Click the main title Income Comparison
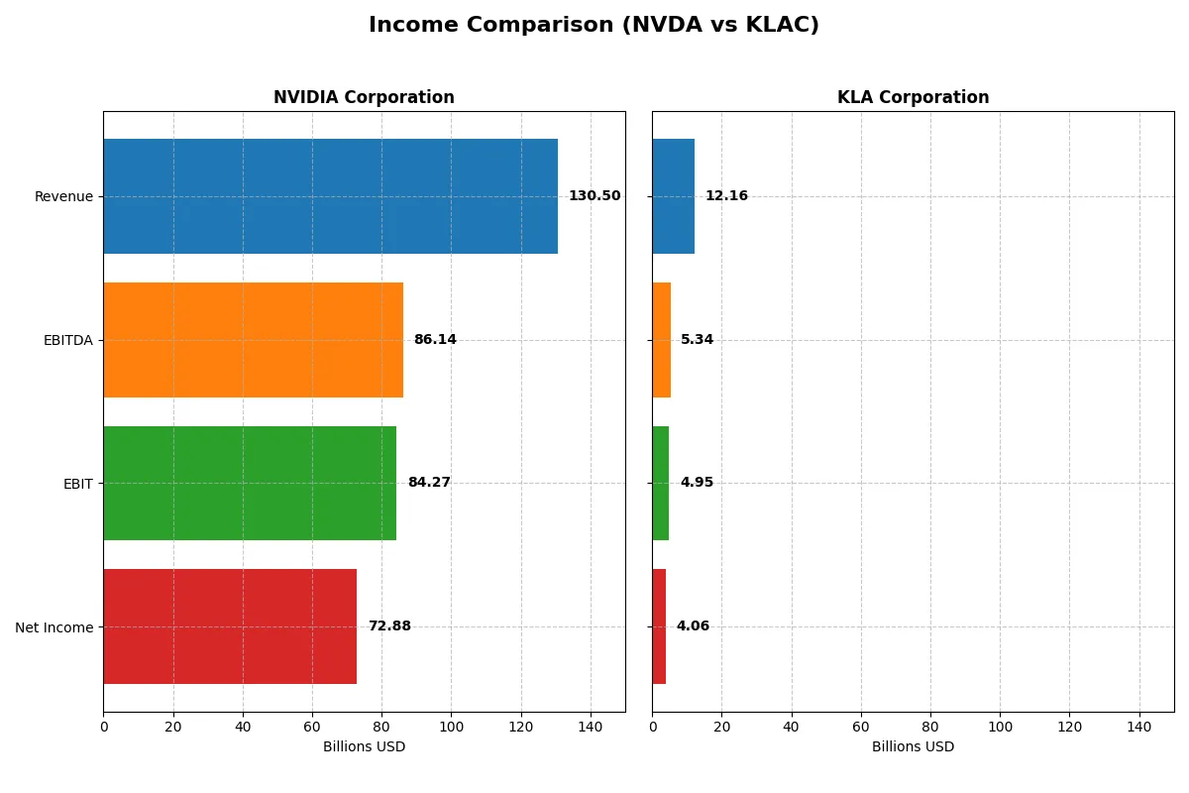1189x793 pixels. pyautogui.click(x=594, y=25)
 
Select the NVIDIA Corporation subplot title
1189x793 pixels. pyautogui.click(x=364, y=97)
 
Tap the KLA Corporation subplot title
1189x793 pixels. pyautogui.click(x=913, y=97)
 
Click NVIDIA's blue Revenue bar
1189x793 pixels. pyautogui.click(x=330, y=196)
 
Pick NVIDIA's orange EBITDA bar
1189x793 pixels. pyautogui.click(x=253, y=340)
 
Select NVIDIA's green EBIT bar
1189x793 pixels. pyautogui.click(x=250, y=483)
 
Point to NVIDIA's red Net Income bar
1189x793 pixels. pyautogui.click(x=230, y=626)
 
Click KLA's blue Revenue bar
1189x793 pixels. pyautogui.click(x=673, y=196)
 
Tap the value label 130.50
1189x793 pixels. pyautogui.click(x=594, y=196)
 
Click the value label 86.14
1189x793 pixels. pyautogui.click(x=435, y=340)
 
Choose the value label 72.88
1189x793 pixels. pyautogui.click(x=389, y=626)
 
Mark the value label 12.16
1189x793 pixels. pyautogui.click(x=726, y=196)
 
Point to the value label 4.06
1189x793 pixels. pyautogui.click(x=693, y=626)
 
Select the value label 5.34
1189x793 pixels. pyautogui.click(x=697, y=340)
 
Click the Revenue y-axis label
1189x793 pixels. pyautogui.click(x=63, y=196)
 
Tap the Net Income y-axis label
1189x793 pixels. pyautogui.click(x=54, y=627)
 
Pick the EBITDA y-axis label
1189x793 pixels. pyautogui.click(x=67, y=340)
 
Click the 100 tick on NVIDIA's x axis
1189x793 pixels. pyautogui.click(x=451, y=727)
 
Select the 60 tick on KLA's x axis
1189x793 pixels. pyautogui.click(x=861, y=727)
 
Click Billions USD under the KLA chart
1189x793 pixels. pyautogui.click(x=913, y=746)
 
